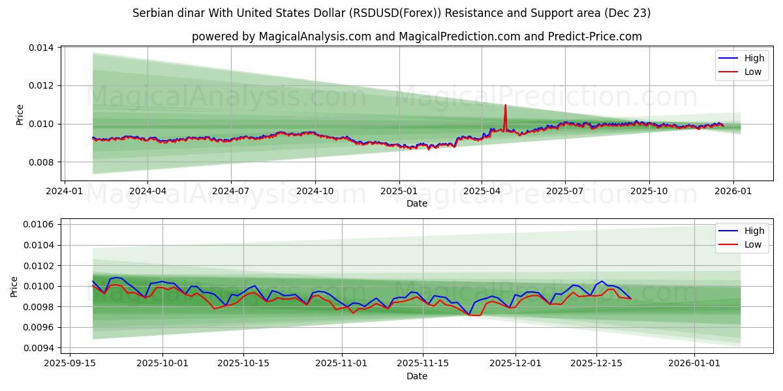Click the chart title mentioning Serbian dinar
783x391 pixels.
click(x=391, y=13)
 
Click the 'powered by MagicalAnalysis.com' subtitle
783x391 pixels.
click(x=416, y=36)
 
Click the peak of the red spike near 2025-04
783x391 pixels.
click(x=505, y=105)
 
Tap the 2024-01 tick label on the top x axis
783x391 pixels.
click(x=63, y=192)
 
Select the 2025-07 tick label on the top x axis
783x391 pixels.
click(x=565, y=192)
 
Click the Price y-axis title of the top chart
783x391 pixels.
click(x=20, y=114)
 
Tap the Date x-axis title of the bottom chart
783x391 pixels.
click(x=416, y=376)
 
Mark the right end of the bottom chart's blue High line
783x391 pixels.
click(x=631, y=298)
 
